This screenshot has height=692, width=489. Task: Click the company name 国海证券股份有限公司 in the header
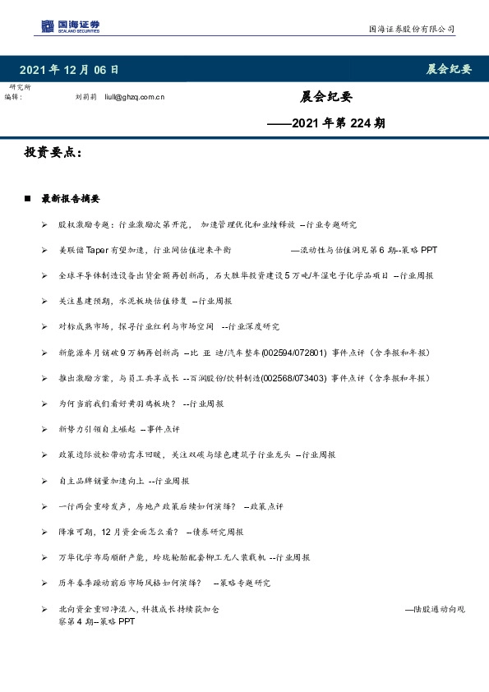pyautogui.click(x=411, y=30)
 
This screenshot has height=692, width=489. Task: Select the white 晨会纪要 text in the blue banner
pyautogui.click(x=449, y=69)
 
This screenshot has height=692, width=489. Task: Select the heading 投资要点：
pyautogui.click(x=53, y=153)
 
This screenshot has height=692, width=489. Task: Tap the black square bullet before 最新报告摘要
pyautogui.click(x=28, y=199)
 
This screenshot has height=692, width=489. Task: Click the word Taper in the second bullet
pyautogui.click(x=98, y=250)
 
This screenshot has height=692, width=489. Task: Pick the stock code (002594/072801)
pyautogui.click(x=293, y=353)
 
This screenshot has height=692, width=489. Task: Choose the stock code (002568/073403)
pyautogui.click(x=293, y=378)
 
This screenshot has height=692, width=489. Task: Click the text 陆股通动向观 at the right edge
pyautogui.click(x=436, y=609)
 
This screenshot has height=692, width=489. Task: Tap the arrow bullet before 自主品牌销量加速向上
pyautogui.click(x=44, y=481)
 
